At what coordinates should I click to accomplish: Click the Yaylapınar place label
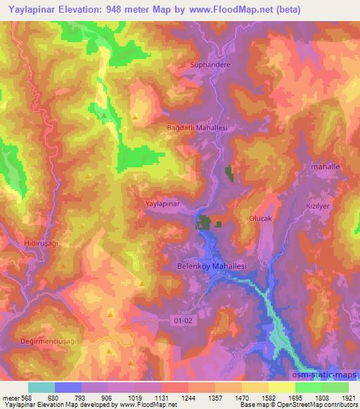163,203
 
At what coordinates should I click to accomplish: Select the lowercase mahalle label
324,167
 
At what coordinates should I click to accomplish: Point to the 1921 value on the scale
347,397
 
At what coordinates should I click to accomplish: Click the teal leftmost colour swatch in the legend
41,387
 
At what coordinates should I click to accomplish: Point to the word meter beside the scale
10,397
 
